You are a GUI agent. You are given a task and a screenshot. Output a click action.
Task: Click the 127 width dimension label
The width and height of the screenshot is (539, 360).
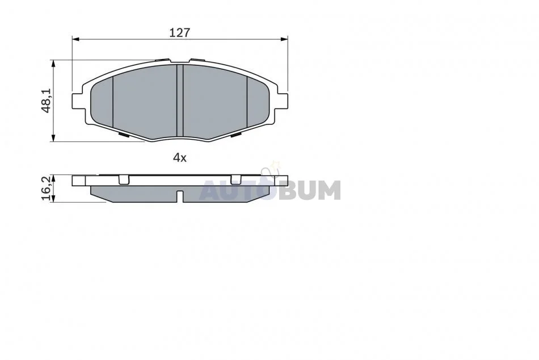[x=179, y=33]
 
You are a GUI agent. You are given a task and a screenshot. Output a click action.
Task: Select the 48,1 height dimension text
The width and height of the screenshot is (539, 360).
[x=46, y=100]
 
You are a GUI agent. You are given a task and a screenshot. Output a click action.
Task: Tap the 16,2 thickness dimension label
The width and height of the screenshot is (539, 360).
[x=46, y=188]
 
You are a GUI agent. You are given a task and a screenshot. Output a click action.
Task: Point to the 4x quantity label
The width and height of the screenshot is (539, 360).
[x=179, y=158]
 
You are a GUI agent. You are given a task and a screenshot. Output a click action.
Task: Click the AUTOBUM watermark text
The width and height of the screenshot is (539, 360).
[x=271, y=190]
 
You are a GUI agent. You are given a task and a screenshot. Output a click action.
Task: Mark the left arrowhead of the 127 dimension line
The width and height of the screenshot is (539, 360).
[x=76, y=39]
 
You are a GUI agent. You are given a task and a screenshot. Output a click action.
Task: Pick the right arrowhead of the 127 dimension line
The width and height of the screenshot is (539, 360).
[x=284, y=39]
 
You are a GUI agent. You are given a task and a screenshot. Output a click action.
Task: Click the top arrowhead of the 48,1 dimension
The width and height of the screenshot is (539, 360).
[x=53, y=64]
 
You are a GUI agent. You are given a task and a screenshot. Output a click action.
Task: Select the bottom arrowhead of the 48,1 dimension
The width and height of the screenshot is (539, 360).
[x=53, y=137]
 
